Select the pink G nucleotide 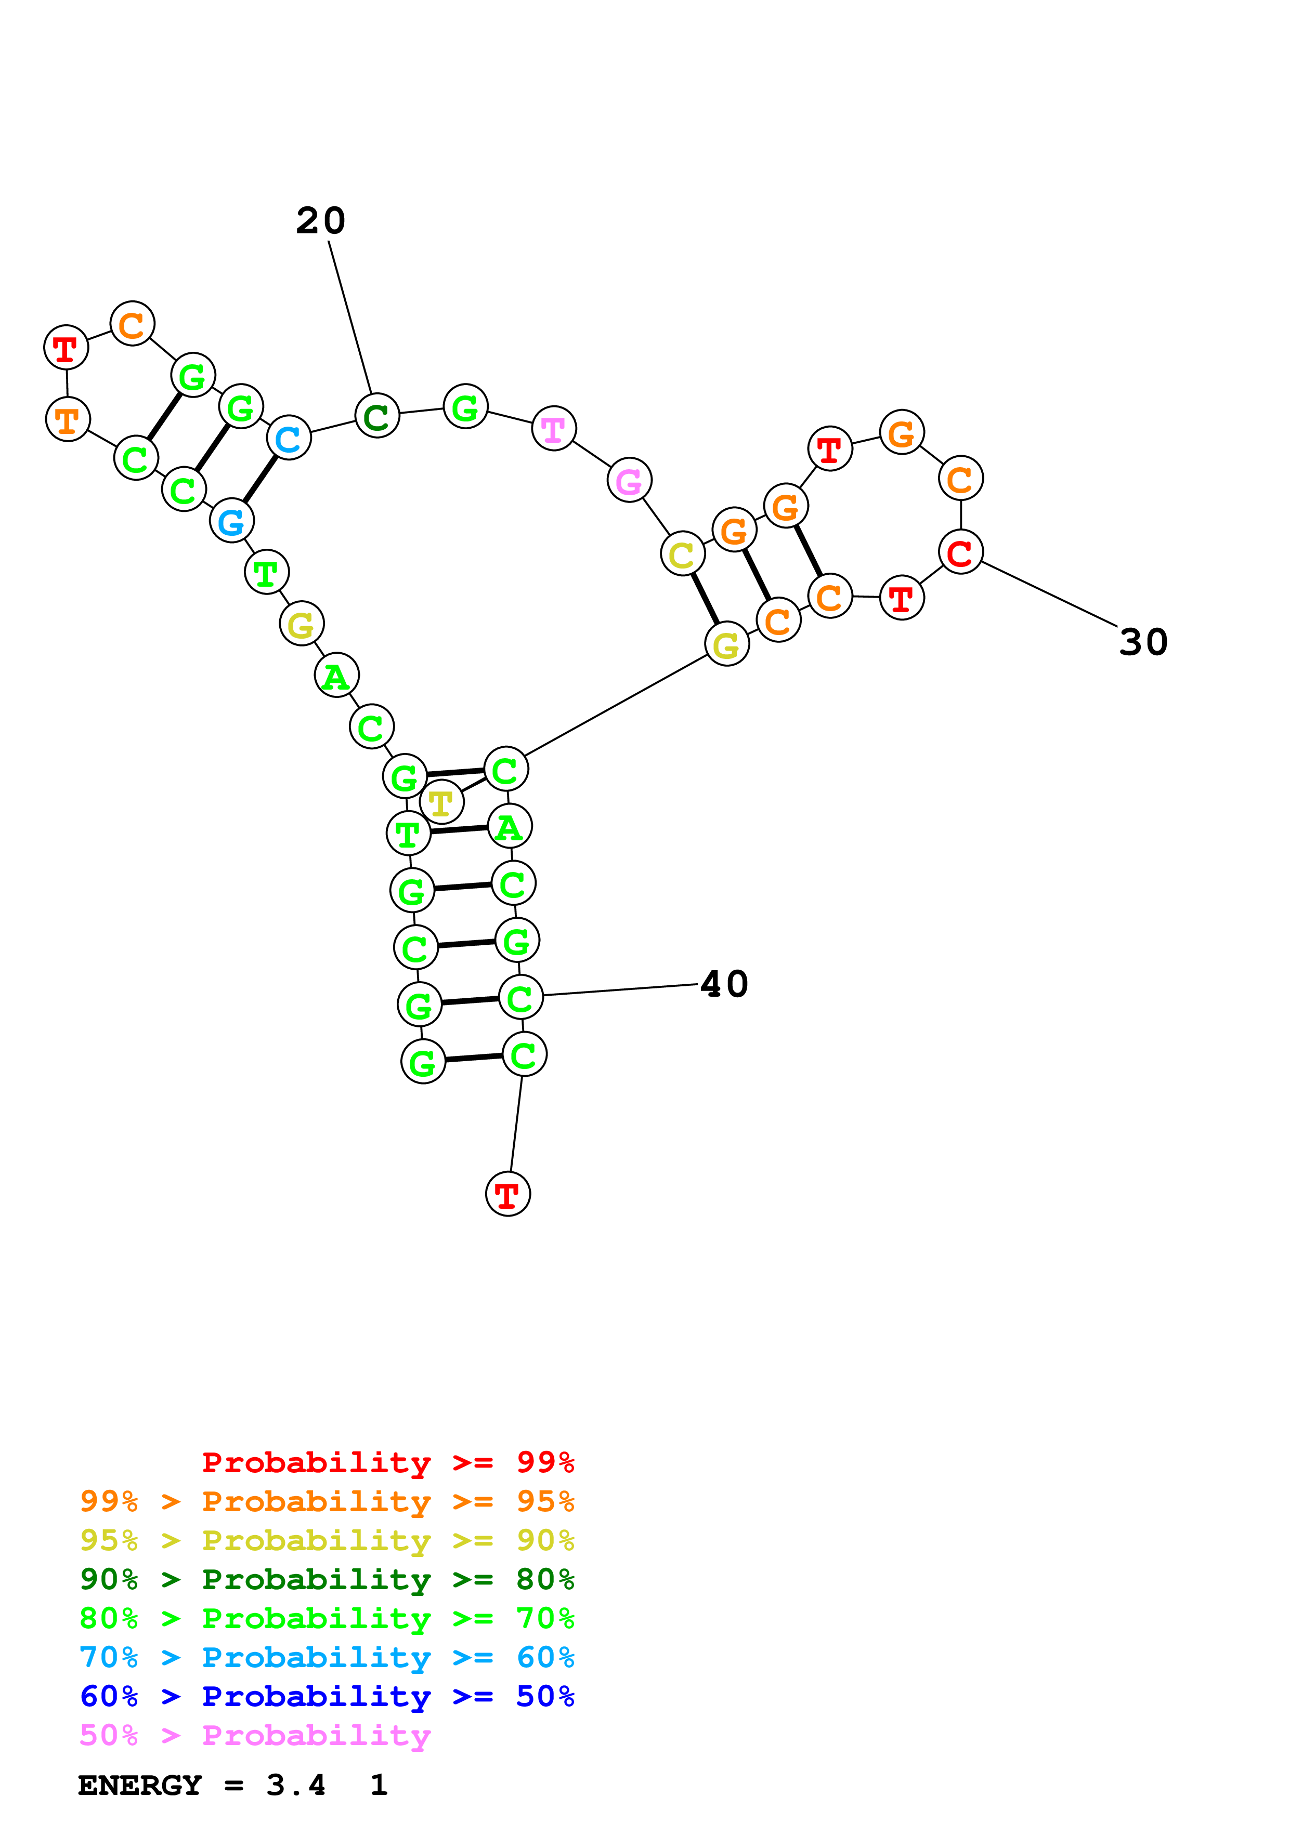click(x=629, y=480)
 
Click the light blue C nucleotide click(x=288, y=438)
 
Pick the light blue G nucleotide click(x=231, y=522)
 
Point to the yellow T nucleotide click(x=441, y=803)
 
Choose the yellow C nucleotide click(x=682, y=554)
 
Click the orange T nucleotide click(x=68, y=420)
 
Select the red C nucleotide click(x=960, y=552)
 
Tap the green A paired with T click(x=509, y=827)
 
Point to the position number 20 click(x=321, y=221)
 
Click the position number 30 click(x=1143, y=642)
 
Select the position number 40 click(x=723, y=985)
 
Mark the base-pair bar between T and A click(x=458, y=830)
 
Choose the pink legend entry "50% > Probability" click(x=255, y=1735)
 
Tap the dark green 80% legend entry click(x=327, y=1579)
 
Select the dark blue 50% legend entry click(x=327, y=1696)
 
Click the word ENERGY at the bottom click(x=139, y=1785)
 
